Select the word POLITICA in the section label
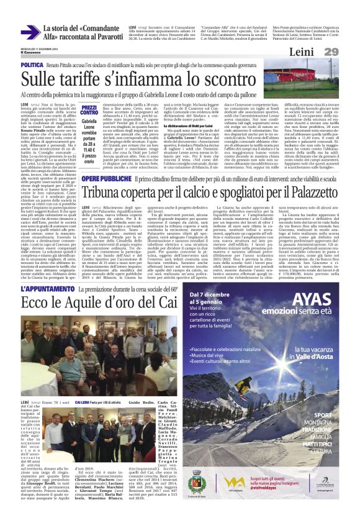click(32, 65)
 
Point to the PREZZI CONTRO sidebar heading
click(89, 110)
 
